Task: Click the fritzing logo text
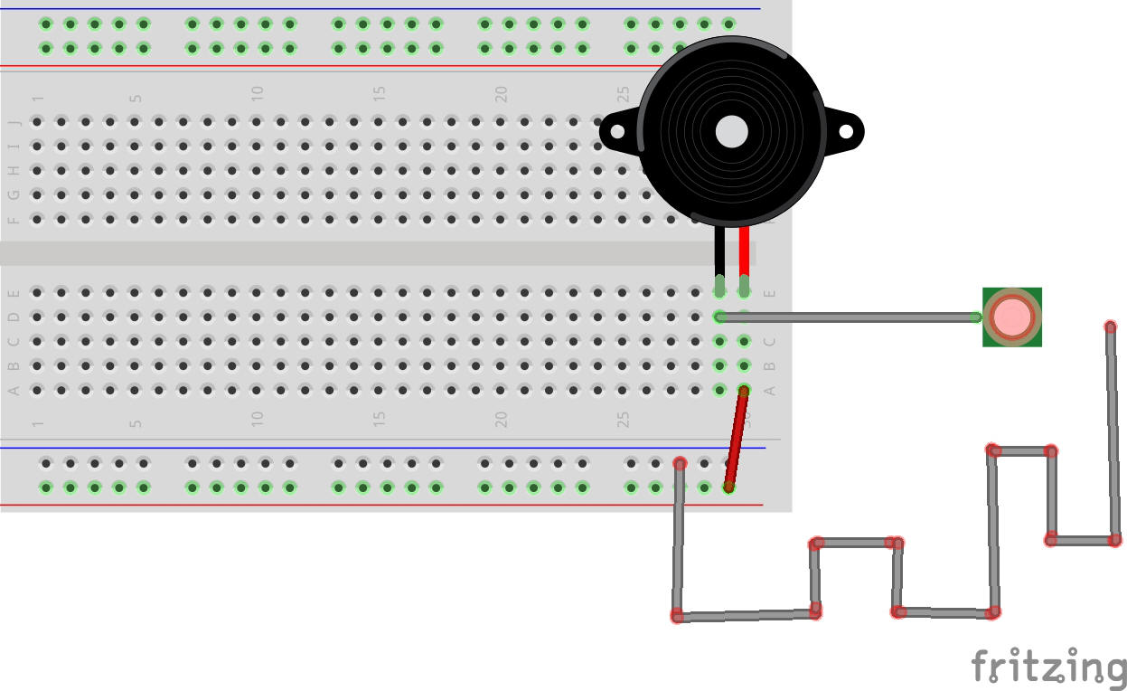click(1048, 667)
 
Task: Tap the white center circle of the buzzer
click(731, 132)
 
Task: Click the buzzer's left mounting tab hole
click(617, 132)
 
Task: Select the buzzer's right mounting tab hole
click(846, 132)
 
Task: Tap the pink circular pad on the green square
click(1012, 317)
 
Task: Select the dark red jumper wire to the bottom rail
click(736, 439)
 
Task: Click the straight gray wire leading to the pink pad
click(850, 317)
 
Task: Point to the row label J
click(14, 122)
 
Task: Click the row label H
click(14, 171)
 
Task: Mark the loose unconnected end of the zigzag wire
click(1111, 327)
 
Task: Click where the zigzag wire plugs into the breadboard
click(680, 464)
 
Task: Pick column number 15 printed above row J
click(380, 92)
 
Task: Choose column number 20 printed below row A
click(501, 420)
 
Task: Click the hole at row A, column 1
click(37, 390)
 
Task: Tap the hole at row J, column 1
click(37, 121)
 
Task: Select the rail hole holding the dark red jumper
click(728, 487)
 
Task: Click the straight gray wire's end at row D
click(720, 317)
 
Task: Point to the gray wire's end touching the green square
click(976, 317)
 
